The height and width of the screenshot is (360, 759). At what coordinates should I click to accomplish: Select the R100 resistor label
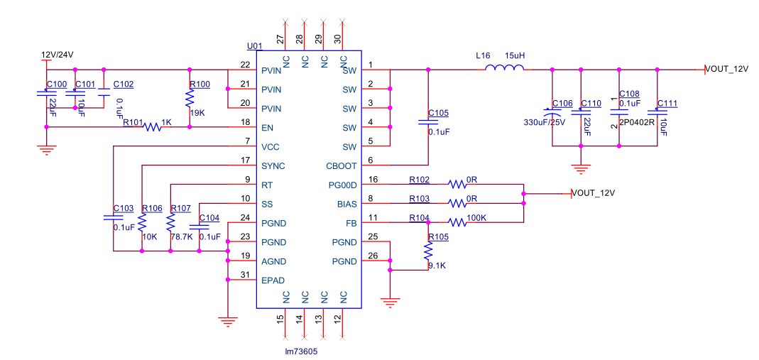[x=200, y=84]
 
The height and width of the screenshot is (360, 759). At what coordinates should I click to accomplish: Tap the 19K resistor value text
[x=197, y=113]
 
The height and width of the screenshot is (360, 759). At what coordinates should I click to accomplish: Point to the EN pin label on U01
[x=267, y=128]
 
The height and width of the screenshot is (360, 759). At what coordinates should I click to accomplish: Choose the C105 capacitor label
[x=439, y=113]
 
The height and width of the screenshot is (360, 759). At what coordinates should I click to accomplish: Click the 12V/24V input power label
[x=58, y=55]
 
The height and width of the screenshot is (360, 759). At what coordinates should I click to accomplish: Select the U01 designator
[x=255, y=46]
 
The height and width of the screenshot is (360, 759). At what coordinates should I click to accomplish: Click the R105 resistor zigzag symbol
[x=428, y=251]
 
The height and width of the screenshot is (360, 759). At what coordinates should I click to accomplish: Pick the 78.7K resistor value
[x=181, y=236]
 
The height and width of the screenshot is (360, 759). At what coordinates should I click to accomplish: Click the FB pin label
[x=351, y=223]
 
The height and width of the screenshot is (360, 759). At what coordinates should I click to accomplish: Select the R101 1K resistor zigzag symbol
[x=153, y=128]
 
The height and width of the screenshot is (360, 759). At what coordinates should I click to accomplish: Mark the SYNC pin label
[x=273, y=166]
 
